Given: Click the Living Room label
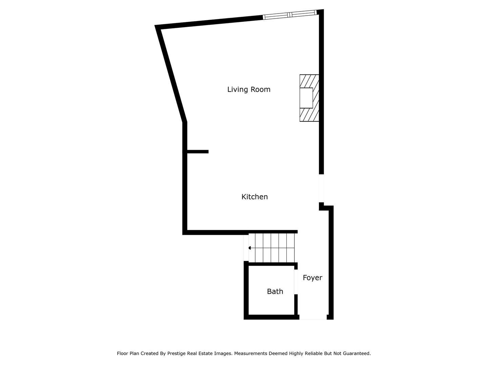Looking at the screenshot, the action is coord(248,89).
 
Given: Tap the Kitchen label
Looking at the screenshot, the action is coord(255,197).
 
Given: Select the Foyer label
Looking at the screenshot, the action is coord(312,278).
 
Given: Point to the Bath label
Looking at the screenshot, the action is coord(275,291).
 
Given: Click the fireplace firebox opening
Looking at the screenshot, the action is coord(306,98).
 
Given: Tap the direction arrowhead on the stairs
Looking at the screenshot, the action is coord(250,248).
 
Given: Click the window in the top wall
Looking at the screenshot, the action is coord(289,15).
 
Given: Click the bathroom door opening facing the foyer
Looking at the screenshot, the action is coord(296,282).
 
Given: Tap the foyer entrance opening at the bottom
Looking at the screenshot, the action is coord(313,317).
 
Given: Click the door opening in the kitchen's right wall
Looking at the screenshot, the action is coord(321,188).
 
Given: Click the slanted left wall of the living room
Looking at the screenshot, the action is coord(171,74).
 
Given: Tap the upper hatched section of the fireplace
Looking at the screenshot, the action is coord(309,81).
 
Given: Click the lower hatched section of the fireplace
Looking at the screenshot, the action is coord(309,115).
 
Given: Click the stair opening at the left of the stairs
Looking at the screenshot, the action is coord(246,248).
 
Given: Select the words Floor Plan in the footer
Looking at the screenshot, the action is coord(128,353).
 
